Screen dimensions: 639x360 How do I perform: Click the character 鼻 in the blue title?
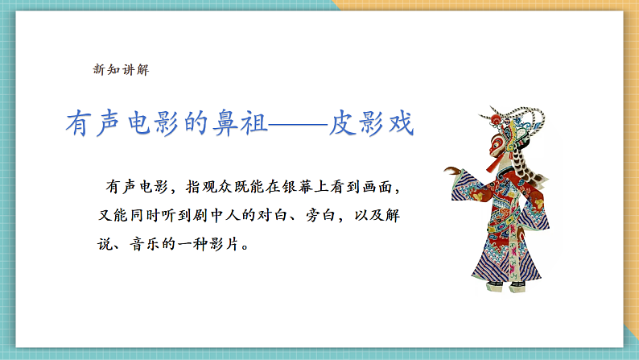click(225, 122)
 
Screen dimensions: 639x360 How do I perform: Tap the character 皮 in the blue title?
click(343, 122)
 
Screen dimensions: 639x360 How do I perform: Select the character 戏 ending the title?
click(402, 122)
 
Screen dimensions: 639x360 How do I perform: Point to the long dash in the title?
click(298, 123)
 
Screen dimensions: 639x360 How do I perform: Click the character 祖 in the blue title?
click(254, 122)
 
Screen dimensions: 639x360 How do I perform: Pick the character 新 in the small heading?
click(99, 69)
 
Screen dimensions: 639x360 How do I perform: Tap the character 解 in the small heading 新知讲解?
click(142, 69)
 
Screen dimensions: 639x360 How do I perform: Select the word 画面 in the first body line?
click(377, 187)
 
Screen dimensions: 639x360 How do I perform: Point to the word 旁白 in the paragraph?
click(321, 215)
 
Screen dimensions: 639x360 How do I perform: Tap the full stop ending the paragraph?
click(245, 247)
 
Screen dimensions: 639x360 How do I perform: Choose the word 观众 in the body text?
click(217, 187)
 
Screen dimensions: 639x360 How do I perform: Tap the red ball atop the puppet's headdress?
click(495, 119)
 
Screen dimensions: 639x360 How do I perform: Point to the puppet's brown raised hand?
click(451, 170)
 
